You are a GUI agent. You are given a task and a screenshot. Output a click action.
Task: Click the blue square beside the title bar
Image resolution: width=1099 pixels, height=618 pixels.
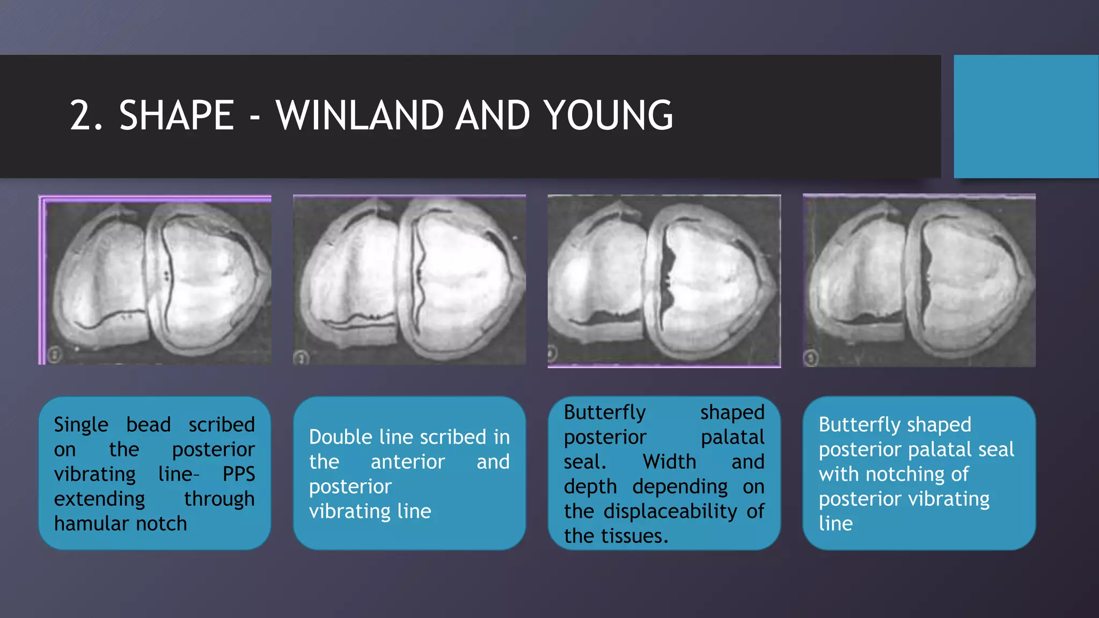pyautogui.click(x=1026, y=116)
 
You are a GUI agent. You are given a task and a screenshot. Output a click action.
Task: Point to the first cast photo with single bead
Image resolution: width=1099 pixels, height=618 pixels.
pyautogui.click(x=155, y=280)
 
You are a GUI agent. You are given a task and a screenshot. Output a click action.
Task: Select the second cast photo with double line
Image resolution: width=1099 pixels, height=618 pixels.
pyautogui.click(x=409, y=280)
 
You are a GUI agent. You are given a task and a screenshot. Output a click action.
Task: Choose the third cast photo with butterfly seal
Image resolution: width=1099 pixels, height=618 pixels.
pyautogui.click(x=664, y=281)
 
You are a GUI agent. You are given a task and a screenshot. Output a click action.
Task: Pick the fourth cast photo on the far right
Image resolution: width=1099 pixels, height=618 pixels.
pyautogui.click(x=919, y=281)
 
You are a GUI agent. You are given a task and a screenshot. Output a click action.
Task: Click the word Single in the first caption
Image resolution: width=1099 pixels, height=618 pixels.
pyautogui.click(x=81, y=425)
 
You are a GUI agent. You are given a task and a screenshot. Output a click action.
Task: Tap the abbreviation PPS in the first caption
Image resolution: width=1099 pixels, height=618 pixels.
pyautogui.click(x=239, y=474)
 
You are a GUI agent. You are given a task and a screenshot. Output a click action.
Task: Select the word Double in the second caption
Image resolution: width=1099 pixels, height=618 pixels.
pyautogui.click(x=340, y=437)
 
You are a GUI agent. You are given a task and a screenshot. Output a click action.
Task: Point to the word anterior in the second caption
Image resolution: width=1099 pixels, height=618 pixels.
pyautogui.click(x=408, y=462)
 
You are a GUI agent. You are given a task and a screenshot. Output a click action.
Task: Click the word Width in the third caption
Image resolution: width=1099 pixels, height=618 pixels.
pyautogui.click(x=669, y=462)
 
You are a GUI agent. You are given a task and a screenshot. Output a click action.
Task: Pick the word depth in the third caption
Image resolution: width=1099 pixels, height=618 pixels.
pyautogui.click(x=590, y=487)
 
